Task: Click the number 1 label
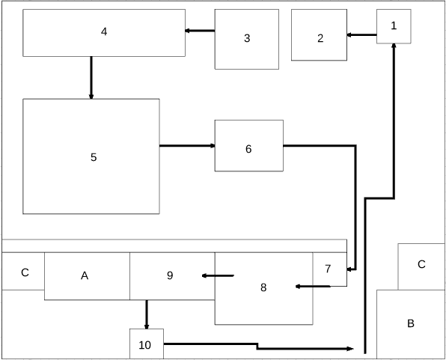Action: tap(394, 25)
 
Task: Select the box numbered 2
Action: tap(319, 35)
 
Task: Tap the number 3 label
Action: tap(247, 38)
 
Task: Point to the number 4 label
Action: tap(104, 31)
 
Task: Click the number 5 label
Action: tap(94, 157)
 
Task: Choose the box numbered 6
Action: tap(249, 146)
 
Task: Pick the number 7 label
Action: tap(328, 269)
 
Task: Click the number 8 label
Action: tap(263, 287)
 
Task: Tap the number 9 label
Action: tap(170, 275)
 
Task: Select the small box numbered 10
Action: tap(147, 344)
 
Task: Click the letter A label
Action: tap(85, 275)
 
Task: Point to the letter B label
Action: tap(410, 323)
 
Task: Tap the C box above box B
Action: tap(421, 266)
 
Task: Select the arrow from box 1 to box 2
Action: tap(361, 35)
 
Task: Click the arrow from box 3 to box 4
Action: tap(200, 31)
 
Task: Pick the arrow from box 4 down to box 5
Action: tap(91, 78)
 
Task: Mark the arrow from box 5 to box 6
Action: tap(187, 146)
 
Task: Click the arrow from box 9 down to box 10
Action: tap(147, 314)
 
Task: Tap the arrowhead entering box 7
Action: tap(349, 269)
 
